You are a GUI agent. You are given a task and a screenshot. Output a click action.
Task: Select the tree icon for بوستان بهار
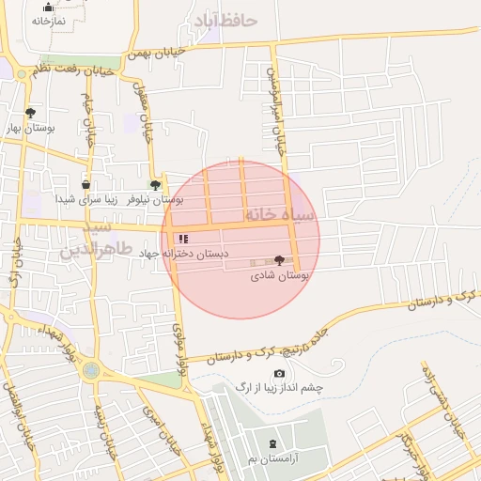tap(30, 112)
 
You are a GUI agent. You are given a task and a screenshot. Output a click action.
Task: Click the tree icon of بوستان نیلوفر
tap(155, 185)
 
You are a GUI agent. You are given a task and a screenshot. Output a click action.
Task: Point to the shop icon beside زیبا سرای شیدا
tap(86, 185)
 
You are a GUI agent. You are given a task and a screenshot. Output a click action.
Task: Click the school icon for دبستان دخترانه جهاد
tap(182, 240)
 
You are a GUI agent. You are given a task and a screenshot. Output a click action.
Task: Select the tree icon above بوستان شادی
tap(279, 261)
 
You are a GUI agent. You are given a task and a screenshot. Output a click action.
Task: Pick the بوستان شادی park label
tap(279, 276)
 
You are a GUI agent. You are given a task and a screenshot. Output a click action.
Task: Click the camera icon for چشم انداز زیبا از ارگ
tap(279, 374)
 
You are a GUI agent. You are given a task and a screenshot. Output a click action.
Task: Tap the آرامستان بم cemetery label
tap(272, 458)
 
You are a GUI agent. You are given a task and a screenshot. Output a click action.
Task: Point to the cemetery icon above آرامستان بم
tap(272, 443)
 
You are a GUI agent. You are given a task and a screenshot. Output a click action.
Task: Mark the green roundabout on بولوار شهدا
tap(90, 370)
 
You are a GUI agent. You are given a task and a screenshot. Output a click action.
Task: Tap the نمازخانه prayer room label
tap(48, 21)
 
